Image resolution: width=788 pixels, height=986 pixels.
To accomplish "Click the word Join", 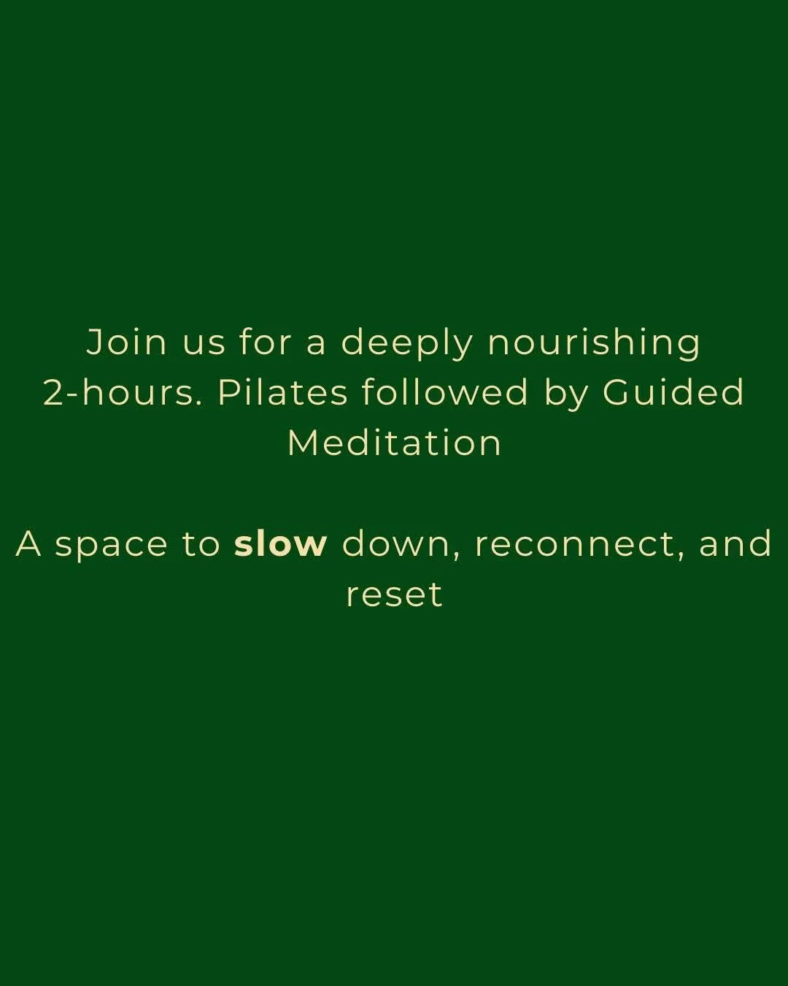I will coord(127,342).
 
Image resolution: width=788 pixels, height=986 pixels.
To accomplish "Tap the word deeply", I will coord(407,343).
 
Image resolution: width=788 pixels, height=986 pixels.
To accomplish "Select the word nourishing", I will coord(594,343).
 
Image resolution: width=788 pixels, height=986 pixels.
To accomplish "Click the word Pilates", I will coord(282,392).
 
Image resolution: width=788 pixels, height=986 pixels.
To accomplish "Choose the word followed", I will coord(445,392).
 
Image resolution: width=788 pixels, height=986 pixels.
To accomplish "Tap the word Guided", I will coord(673,392).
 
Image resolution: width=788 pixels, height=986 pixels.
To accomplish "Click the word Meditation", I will coord(395,443).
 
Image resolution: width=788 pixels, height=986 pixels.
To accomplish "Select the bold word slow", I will coord(281,544).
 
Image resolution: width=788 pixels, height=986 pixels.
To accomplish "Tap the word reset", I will coord(394,595).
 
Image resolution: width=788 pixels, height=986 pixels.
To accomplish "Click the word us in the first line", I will coord(204,343).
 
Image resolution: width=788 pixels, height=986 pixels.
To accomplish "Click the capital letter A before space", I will coord(28,544).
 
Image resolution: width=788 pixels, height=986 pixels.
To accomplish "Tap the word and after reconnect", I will coord(735,544).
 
